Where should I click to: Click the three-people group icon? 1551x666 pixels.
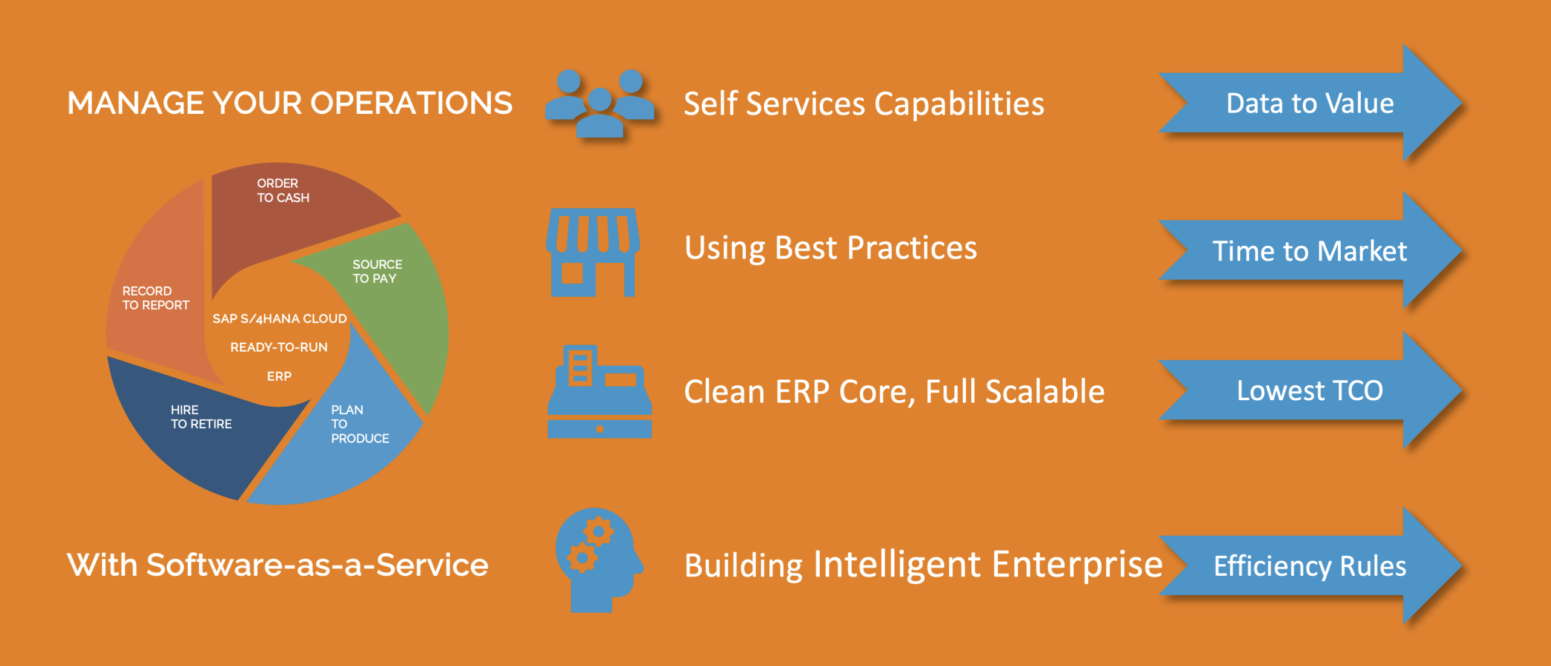tap(600, 104)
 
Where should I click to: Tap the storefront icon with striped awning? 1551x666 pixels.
tap(593, 252)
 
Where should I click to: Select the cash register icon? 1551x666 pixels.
tap(600, 391)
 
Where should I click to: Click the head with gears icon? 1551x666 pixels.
tap(599, 560)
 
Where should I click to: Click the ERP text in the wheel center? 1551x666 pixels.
tap(279, 376)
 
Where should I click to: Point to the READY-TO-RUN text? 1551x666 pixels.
tap(279, 347)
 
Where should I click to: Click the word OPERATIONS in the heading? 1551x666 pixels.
tap(412, 103)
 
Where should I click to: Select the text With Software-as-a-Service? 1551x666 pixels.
tap(277, 565)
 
